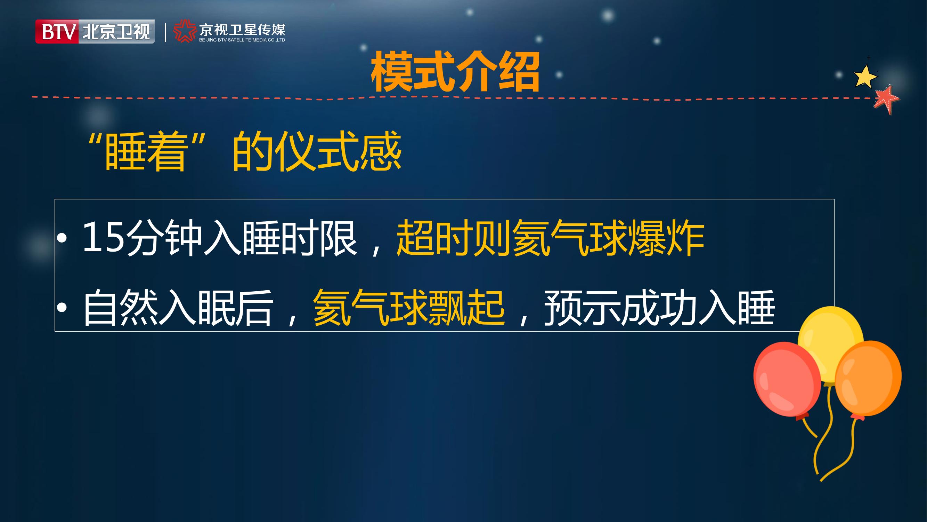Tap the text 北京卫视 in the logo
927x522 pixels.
pos(116,32)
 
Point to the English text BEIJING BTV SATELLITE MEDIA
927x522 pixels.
pos(242,40)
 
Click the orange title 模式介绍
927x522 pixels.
pos(455,71)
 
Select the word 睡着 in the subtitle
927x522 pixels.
pos(145,151)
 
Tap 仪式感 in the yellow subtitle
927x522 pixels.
pos(340,151)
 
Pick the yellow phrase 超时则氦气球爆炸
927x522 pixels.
pos(550,238)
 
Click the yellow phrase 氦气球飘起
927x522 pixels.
pos(409,308)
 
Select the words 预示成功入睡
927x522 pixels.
pos(659,308)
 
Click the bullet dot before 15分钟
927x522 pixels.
pos(62,237)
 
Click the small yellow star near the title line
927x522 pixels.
pos(865,76)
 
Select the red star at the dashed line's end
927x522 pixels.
pos(886,99)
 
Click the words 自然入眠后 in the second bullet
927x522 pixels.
pos(178,308)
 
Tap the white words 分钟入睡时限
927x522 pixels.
pos(242,238)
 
